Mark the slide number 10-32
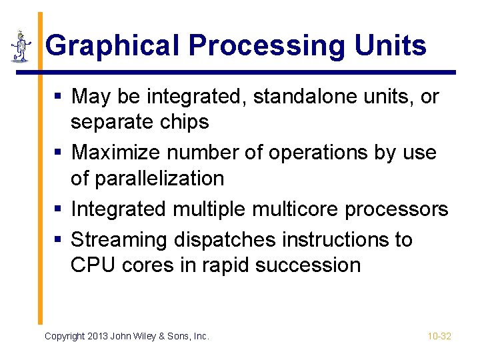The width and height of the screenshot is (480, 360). click(x=439, y=337)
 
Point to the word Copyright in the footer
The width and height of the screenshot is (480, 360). click(x=65, y=337)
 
